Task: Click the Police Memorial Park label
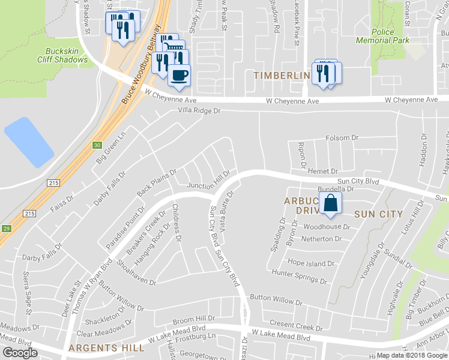[391, 36]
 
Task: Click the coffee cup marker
[179, 75]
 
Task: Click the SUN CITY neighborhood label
[378, 214]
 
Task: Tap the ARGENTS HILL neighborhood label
[106, 347]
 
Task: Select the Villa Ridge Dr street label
[199, 111]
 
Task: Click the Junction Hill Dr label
[208, 186]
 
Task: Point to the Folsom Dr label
[342, 138]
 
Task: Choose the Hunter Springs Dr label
[299, 277]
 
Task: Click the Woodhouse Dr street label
[327, 227]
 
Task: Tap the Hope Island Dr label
[310, 263]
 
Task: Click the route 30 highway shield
[97, 145]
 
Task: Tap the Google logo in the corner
[19, 352]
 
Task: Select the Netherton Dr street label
[322, 239]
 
